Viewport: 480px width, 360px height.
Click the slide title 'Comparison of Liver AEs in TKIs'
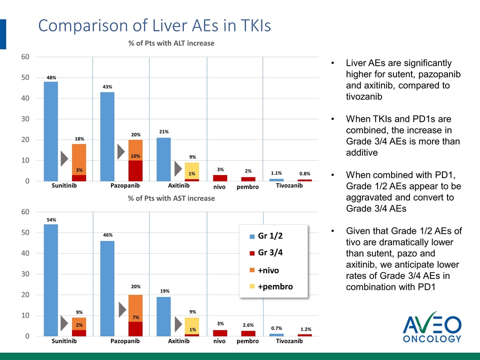click(154, 25)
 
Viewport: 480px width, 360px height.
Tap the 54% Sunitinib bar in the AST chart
click(51, 280)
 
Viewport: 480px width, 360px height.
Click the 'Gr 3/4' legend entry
click(270, 252)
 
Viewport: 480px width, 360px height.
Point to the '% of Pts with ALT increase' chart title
click(171, 43)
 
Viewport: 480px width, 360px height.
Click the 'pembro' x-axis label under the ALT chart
click(247, 186)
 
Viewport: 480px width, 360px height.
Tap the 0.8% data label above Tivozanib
click(305, 173)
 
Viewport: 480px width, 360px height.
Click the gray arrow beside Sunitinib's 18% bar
click(64, 158)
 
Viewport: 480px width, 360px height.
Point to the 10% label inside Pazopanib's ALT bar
click(135, 156)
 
